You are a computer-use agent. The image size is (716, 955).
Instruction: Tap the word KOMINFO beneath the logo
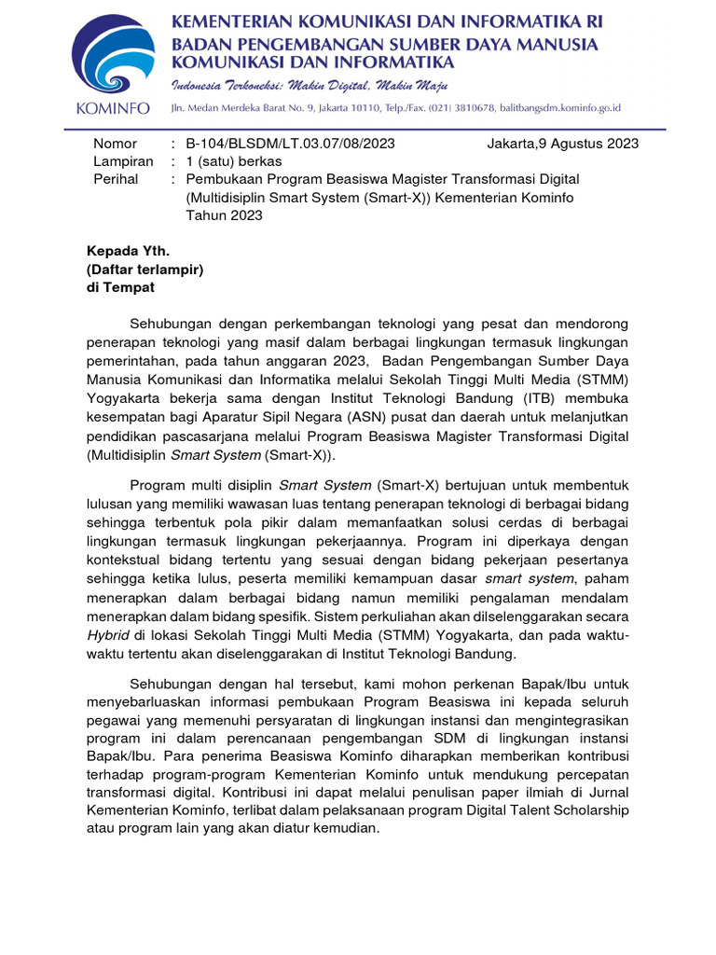pyautogui.click(x=111, y=109)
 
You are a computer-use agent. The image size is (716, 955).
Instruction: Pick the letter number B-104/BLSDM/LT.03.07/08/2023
pyautogui.click(x=291, y=144)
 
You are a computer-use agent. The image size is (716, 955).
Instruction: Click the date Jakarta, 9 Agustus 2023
pyautogui.click(x=562, y=144)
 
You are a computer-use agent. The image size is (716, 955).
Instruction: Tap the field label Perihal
pyautogui.click(x=116, y=179)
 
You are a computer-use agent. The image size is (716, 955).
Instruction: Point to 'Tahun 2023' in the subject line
pyautogui.click(x=225, y=215)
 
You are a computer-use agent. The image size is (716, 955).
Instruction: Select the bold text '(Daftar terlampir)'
pyautogui.click(x=145, y=270)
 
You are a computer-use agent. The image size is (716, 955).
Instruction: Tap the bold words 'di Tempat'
pyautogui.click(x=120, y=287)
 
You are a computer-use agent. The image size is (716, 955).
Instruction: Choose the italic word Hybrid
pyautogui.click(x=107, y=636)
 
